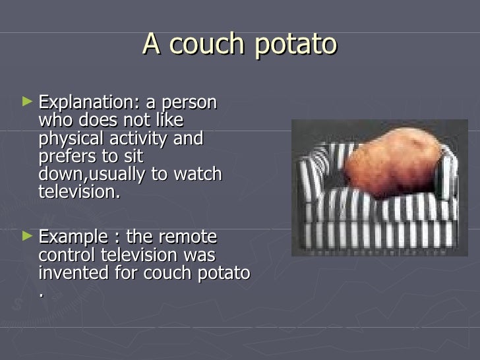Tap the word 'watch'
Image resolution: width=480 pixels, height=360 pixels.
(x=198, y=175)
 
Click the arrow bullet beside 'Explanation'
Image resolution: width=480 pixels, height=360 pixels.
(x=26, y=103)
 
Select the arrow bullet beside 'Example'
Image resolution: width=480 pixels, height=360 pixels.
(x=26, y=235)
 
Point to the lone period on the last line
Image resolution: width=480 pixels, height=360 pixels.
(x=42, y=293)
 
